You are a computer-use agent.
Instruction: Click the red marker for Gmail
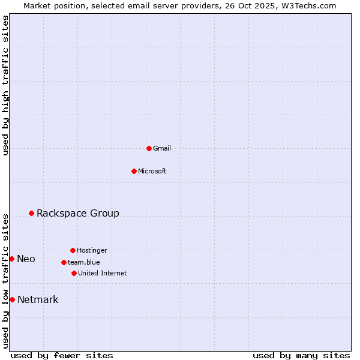click(x=149, y=148)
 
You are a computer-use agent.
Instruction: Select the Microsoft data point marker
click(x=134, y=171)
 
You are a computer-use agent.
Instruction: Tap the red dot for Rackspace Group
click(x=31, y=213)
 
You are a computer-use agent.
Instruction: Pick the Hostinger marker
click(x=73, y=250)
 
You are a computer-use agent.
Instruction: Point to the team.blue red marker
click(x=64, y=262)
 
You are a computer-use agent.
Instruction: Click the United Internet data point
click(x=74, y=273)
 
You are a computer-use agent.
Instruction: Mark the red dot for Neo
click(x=11, y=259)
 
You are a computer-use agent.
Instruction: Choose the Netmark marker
click(x=12, y=299)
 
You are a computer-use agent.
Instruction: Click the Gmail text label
click(x=162, y=148)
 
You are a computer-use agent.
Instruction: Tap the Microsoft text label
click(x=152, y=171)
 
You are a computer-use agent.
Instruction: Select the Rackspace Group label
click(x=78, y=213)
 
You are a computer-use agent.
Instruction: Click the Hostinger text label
click(x=92, y=250)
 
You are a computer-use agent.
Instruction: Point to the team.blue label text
click(x=84, y=262)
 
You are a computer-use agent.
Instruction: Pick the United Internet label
click(x=103, y=273)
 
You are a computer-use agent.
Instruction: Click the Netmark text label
click(x=38, y=299)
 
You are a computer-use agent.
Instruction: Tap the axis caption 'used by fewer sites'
click(x=62, y=355)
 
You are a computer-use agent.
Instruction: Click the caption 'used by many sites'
click(x=301, y=355)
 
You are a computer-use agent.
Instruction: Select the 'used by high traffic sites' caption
click(x=5, y=85)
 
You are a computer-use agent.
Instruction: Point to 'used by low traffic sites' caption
click(x=5, y=280)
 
